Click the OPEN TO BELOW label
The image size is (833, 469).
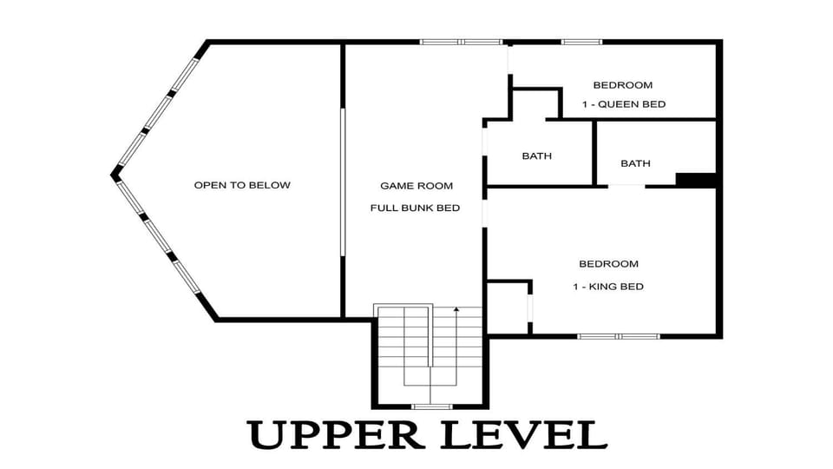[242, 185]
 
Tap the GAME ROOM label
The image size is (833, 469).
[416, 186]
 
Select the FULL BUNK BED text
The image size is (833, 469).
[415, 208]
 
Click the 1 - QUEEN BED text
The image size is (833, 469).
[624, 104]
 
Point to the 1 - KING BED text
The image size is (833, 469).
[608, 287]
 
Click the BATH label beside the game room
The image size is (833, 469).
[536, 155]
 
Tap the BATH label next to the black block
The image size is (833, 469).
[635, 163]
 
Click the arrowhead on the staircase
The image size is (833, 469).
[456, 309]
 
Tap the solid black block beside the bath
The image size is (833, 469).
[696, 180]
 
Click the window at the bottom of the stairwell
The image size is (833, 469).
[432, 406]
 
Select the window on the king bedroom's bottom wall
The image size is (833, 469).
[619, 336]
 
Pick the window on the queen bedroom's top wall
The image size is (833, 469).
[581, 42]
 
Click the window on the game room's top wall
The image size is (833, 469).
[461, 42]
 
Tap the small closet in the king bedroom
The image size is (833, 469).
[508, 307]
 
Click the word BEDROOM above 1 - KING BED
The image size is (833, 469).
[609, 264]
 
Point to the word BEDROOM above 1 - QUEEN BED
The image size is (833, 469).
[623, 85]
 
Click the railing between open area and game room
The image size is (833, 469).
[343, 182]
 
